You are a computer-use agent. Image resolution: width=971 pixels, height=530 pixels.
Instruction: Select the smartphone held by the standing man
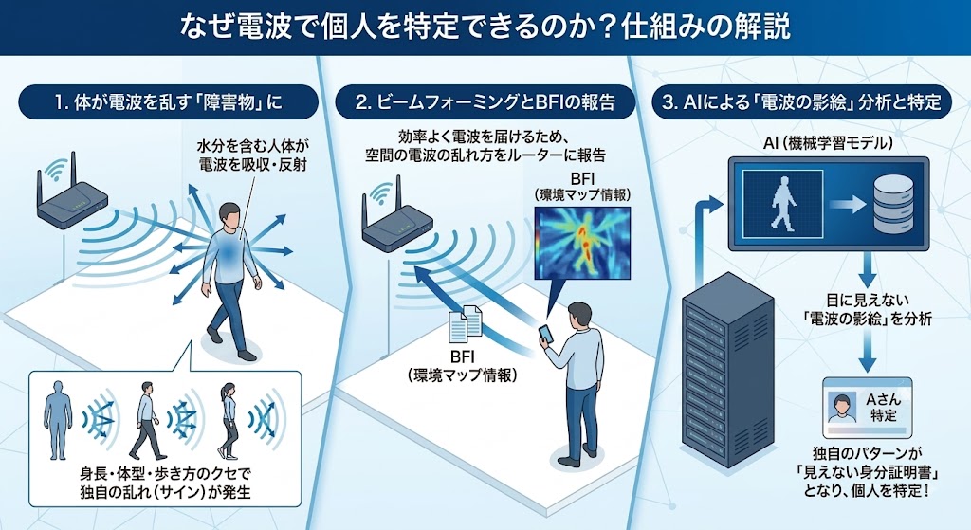pos(545,335)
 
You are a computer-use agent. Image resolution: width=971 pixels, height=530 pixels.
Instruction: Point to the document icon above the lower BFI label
pos(466,324)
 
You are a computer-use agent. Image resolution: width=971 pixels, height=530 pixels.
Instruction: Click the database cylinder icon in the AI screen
pos(890,204)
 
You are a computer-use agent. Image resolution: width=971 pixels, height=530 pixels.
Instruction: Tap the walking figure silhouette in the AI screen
pos(782,204)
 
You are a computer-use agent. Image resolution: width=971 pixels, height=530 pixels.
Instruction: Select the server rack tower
pos(727,371)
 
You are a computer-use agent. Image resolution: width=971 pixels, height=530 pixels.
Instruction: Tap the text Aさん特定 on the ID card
pos(883,408)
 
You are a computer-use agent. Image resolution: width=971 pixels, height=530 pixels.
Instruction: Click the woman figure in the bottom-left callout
pos(228,420)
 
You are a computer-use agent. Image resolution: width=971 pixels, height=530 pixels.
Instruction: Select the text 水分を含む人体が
pos(252,146)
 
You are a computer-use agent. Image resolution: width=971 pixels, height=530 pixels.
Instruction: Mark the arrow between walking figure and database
pos(847,205)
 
